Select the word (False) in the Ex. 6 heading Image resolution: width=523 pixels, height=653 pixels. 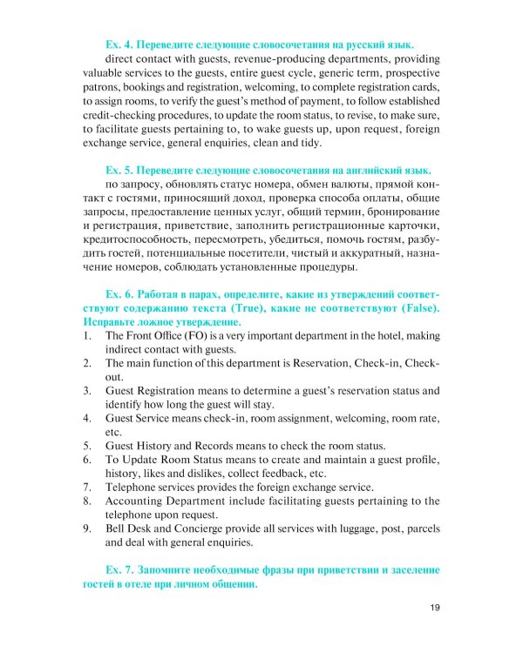(412, 311)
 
